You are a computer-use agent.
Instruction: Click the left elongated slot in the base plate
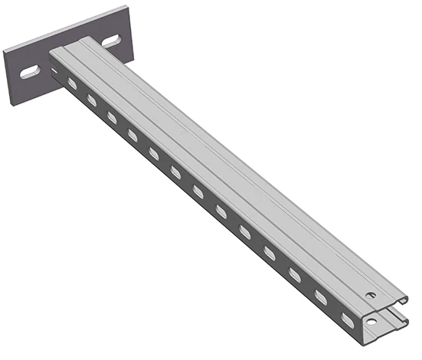click(31, 72)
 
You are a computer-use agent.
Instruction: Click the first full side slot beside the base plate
click(73, 82)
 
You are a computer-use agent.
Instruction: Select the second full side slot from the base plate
click(92, 99)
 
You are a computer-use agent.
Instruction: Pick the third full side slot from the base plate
click(112, 116)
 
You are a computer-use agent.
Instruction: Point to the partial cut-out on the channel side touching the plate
click(55, 70)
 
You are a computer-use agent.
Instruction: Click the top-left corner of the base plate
click(5, 49)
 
